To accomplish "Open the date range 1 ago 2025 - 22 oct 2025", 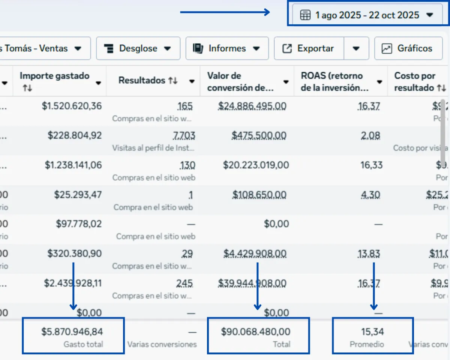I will [x=367, y=15].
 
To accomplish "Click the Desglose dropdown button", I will [x=138, y=48].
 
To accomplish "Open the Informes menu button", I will [x=227, y=48].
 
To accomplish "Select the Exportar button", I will [x=309, y=48].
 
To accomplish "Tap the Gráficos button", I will [x=408, y=48].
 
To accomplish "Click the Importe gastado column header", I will [x=54, y=76].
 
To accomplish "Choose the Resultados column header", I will [x=142, y=81].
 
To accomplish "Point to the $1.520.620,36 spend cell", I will [x=72, y=106].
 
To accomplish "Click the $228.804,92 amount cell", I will [x=74, y=135].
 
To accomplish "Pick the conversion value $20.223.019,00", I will [x=256, y=165].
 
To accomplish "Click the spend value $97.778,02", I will [x=79, y=224].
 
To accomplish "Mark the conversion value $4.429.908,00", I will [x=255, y=254].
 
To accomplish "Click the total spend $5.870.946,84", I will [x=72, y=331].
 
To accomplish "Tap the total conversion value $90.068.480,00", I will [x=255, y=331].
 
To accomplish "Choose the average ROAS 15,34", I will [x=372, y=331].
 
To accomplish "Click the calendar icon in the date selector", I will [x=305, y=15].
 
